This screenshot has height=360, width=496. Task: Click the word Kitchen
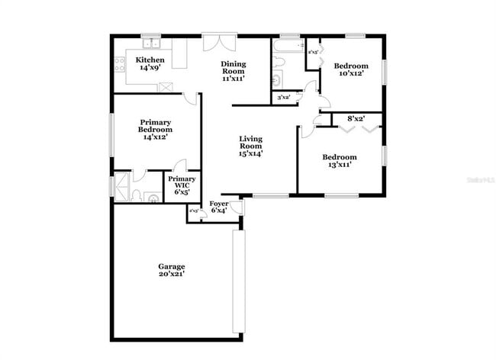coord(150,59)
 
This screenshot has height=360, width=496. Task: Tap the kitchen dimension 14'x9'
coord(150,68)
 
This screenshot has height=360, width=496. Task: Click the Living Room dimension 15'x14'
coord(250,153)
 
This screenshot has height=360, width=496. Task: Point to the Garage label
coord(172,266)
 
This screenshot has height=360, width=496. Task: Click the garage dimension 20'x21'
coord(172,274)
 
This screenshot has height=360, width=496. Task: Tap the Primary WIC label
coord(182,182)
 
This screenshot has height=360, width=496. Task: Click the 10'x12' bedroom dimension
coord(350,74)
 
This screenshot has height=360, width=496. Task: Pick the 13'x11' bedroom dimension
coord(340,166)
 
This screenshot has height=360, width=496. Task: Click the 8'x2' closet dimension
coord(356,119)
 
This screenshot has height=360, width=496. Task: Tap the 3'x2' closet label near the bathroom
coord(283,97)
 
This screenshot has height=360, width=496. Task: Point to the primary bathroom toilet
coord(136,195)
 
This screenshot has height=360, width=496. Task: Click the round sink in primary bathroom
coord(153,198)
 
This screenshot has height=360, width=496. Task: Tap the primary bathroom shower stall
coord(121,186)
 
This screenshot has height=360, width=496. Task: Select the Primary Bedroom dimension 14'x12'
coord(155,137)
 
